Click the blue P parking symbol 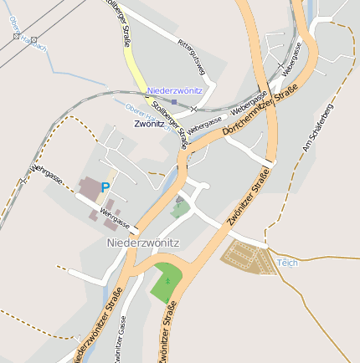[x=105, y=187]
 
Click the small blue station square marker [x=173, y=101]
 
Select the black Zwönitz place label [x=150, y=123]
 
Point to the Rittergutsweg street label [x=192, y=54]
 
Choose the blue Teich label [x=287, y=263]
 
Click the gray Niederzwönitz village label [x=142, y=243]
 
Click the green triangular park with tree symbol [x=167, y=284]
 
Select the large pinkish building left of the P [x=87, y=187]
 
